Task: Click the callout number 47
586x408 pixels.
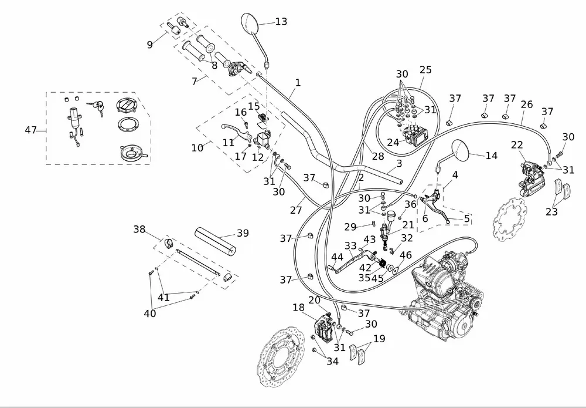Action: pyautogui.click(x=31, y=130)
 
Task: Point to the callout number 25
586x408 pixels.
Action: pyautogui.click(x=425, y=70)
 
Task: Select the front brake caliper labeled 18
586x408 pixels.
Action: pyautogui.click(x=324, y=326)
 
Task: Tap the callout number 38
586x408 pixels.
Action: pyautogui.click(x=139, y=230)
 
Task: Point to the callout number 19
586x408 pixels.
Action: pyautogui.click(x=379, y=339)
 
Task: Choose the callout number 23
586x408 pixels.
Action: pyautogui.click(x=551, y=213)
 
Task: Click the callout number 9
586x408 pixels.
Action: pyautogui.click(x=149, y=44)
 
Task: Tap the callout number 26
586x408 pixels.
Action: pyautogui.click(x=526, y=105)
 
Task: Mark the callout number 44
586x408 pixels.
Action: pyautogui.click(x=337, y=257)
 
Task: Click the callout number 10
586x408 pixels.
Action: pyautogui.click(x=197, y=147)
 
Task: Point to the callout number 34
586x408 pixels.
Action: pyautogui.click(x=332, y=362)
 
